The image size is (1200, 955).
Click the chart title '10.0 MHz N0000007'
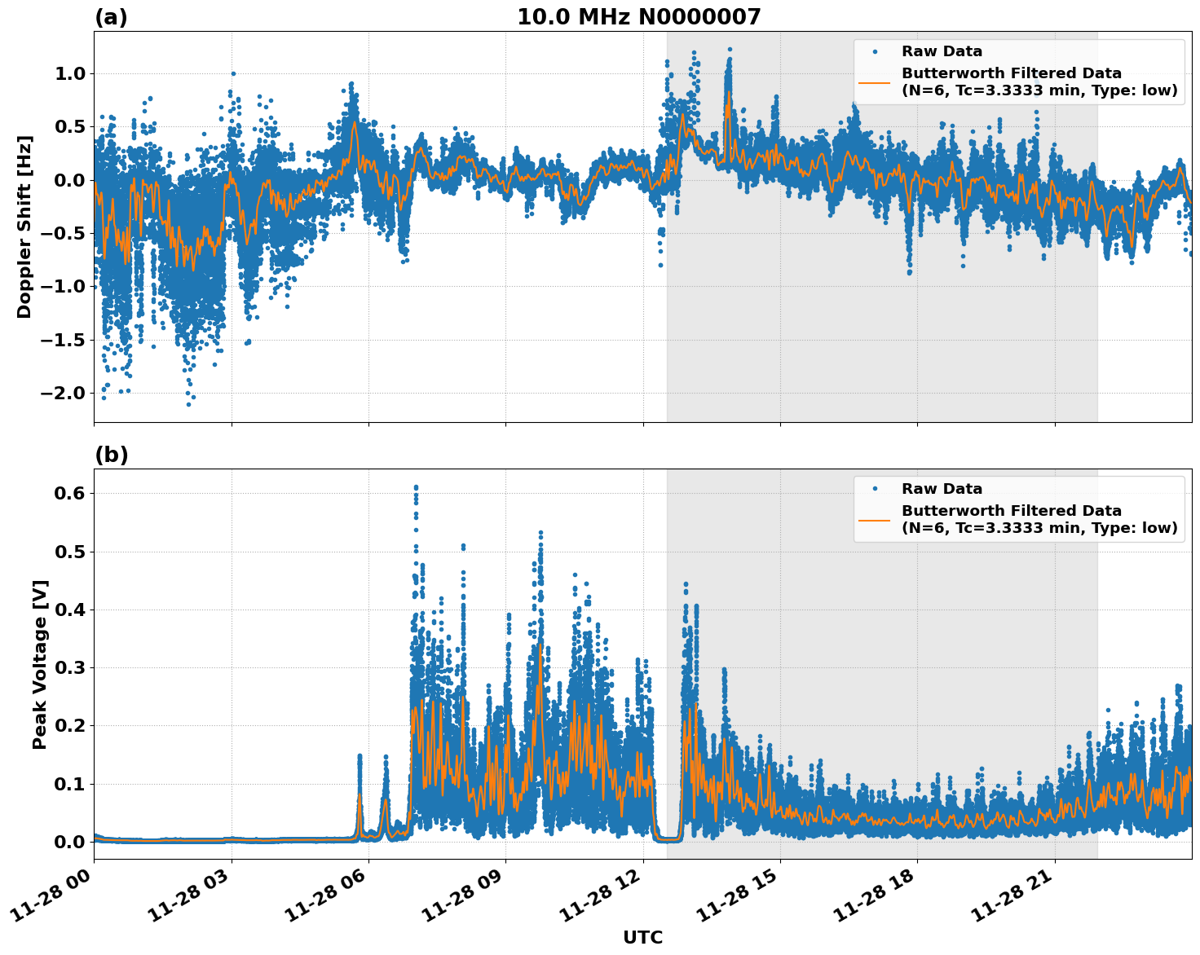638,17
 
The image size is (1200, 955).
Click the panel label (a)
111,17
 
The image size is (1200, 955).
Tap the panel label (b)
111,455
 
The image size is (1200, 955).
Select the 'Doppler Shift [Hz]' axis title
24,227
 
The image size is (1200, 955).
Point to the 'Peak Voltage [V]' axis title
40,664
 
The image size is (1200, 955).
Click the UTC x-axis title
642,937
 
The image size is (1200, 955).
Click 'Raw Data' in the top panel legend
942,51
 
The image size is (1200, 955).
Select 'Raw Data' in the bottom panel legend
942,489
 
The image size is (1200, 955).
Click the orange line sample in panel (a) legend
874,82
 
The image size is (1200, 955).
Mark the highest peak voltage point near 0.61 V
415,487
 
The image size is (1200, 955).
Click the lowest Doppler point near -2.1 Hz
188,404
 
